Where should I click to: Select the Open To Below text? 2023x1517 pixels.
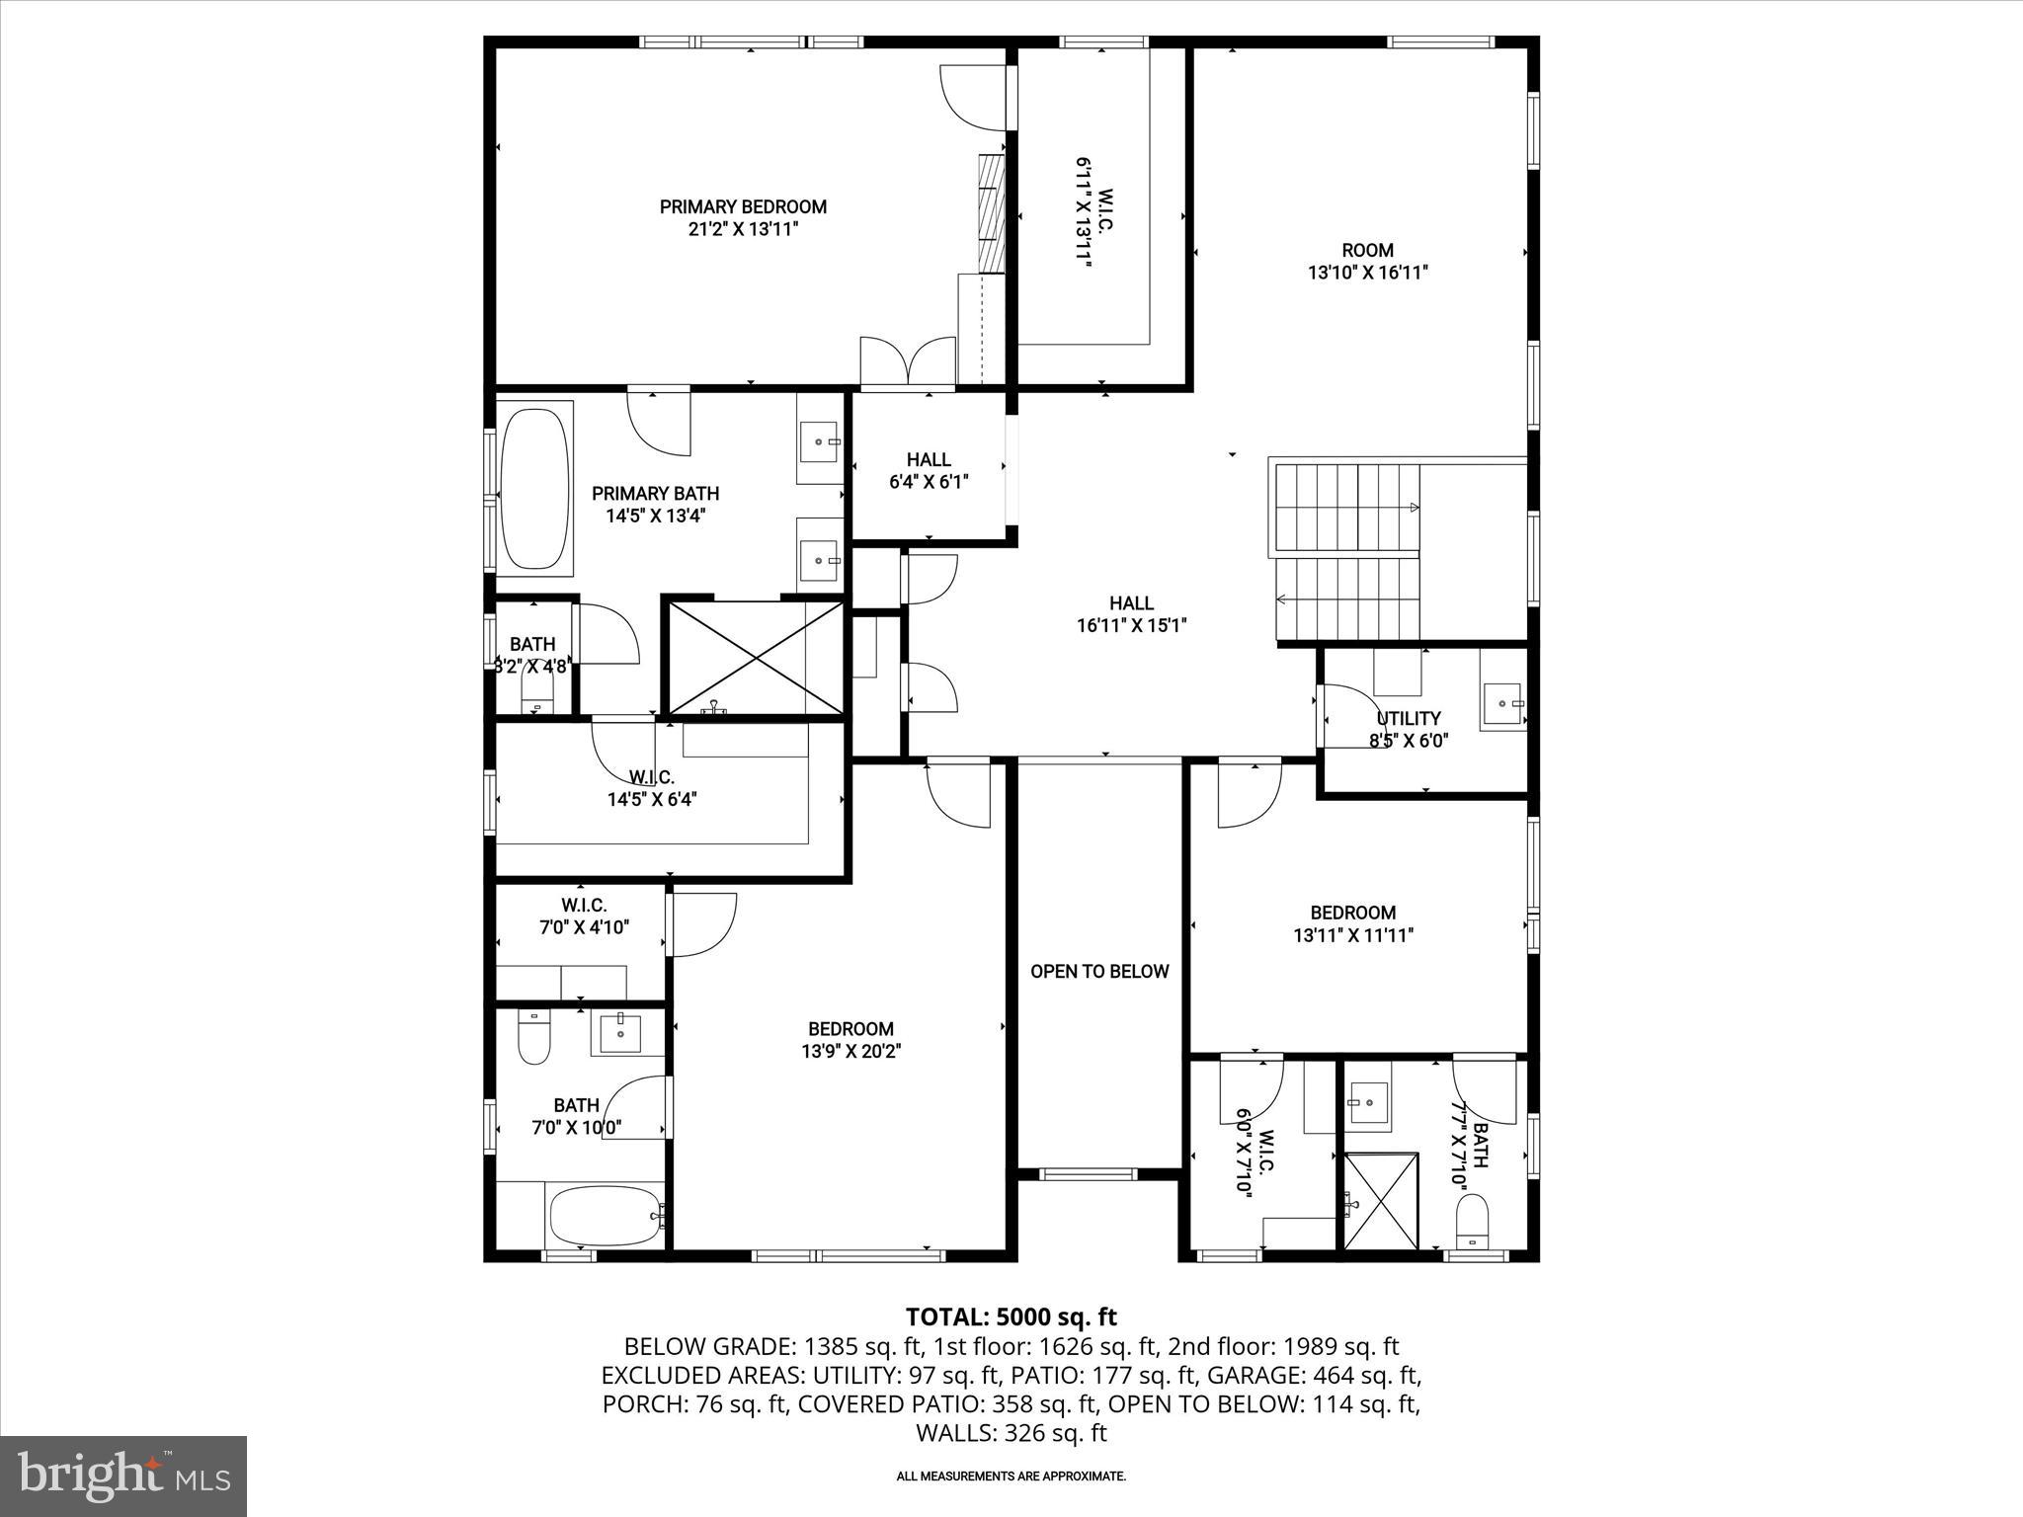click(1099, 972)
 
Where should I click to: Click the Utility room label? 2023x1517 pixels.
click(1409, 718)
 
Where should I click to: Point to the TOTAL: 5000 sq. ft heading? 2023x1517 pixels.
click(1011, 1317)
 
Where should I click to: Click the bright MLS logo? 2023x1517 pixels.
click(123, 1477)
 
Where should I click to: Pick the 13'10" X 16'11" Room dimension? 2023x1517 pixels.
click(1367, 273)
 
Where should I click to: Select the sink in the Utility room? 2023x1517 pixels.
click(1502, 703)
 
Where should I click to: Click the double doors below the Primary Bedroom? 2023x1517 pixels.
click(908, 362)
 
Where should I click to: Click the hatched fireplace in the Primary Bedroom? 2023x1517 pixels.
click(991, 212)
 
